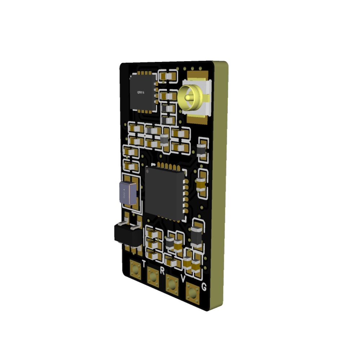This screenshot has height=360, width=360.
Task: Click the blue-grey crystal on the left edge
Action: click(x=128, y=193)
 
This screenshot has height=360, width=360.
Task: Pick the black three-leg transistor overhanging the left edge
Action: click(x=127, y=234)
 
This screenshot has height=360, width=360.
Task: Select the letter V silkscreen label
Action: click(x=183, y=278)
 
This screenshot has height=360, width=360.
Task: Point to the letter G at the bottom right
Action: click(x=204, y=287)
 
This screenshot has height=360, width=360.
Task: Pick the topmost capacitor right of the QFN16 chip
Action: click(x=168, y=76)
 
